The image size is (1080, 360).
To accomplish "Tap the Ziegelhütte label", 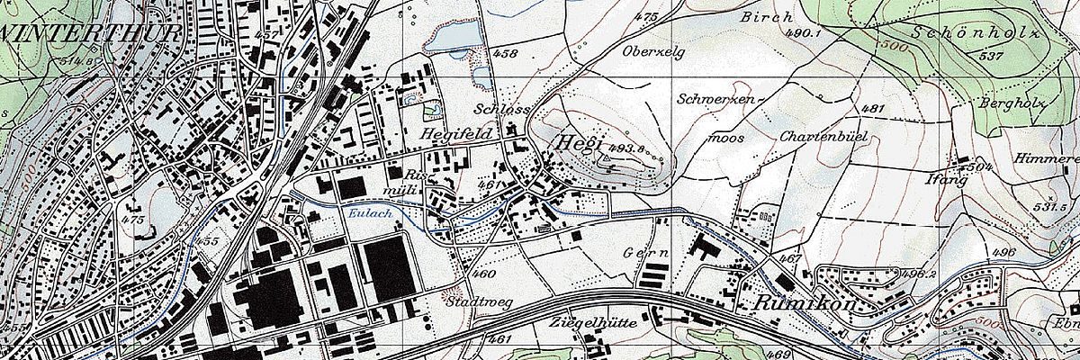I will pyautogui.click(x=592, y=322).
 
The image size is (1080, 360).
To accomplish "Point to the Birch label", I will pyautogui.click(x=767, y=16).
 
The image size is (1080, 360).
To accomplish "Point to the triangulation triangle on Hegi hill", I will pyautogui.click(x=607, y=159).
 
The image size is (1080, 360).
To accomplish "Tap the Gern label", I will pyautogui.click(x=644, y=254).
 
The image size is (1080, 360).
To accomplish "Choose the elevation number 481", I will pyautogui.click(x=872, y=109).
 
